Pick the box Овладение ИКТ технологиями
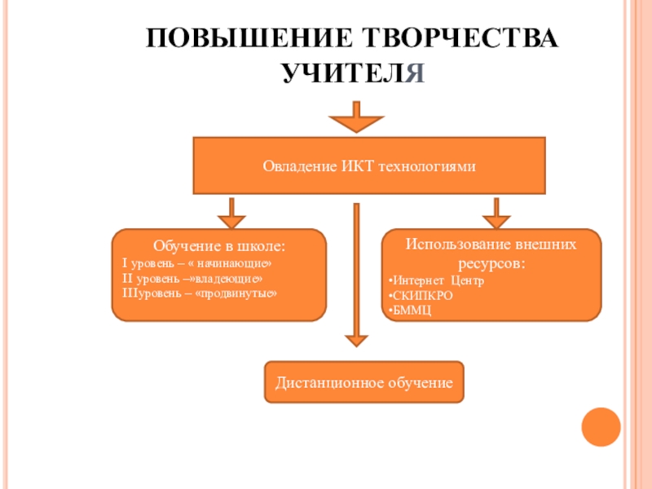pos(368,166)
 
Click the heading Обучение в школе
pos(219,246)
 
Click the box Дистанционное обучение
pos(363,381)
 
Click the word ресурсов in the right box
pos(490,264)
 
